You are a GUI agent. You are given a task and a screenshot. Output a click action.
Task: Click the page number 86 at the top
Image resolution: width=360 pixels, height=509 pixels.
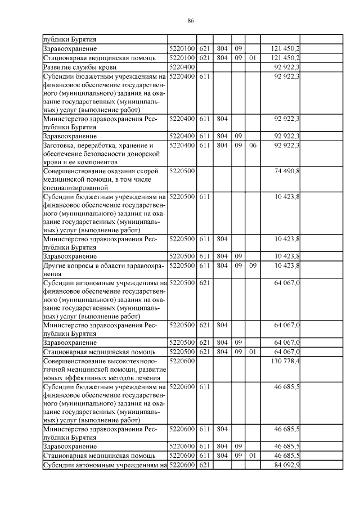coord(190,20)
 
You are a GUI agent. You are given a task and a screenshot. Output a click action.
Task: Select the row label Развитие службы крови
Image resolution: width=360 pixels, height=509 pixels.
coord(79,67)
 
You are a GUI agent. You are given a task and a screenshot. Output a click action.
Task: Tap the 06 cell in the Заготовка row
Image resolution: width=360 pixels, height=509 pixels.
coord(253,145)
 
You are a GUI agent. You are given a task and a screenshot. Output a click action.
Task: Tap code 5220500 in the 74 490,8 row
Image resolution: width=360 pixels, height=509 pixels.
coord(181,170)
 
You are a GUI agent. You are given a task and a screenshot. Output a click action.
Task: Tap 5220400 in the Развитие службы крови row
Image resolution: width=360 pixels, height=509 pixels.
coord(181,67)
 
